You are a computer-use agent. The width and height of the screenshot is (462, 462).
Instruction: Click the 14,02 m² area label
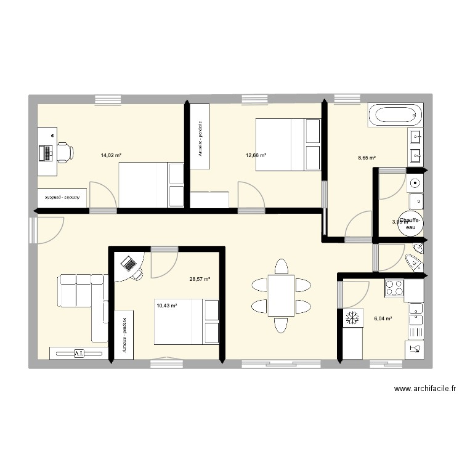click(x=111, y=156)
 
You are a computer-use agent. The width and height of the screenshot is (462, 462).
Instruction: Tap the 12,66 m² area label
click(x=256, y=155)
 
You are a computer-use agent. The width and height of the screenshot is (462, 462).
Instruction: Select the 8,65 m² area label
click(x=368, y=158)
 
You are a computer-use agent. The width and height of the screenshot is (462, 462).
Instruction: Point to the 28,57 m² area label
click(x=200, y=279)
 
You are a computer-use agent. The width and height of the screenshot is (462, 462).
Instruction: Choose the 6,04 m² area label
click(x=383, y=318)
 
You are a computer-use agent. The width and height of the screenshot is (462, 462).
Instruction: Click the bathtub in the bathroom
click(x=395, y=115)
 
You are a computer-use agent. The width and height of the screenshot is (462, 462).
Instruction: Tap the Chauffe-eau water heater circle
click(x=410, y=225)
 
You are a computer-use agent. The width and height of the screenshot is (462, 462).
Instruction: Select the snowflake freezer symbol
click(x=352, y=318)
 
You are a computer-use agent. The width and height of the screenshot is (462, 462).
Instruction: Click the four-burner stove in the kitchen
click(x=394, y=287)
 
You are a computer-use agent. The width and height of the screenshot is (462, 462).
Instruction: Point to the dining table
click(x=281, y=295)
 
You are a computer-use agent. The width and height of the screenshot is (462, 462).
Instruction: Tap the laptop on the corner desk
click(x=129, y=264)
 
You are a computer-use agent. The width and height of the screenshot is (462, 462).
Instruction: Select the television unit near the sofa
click(x=78, y=354)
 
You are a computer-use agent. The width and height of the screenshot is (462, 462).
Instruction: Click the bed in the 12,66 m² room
click(x=288, y=145)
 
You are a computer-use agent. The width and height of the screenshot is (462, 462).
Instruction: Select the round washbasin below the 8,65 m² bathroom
click(x=416, y=182)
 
